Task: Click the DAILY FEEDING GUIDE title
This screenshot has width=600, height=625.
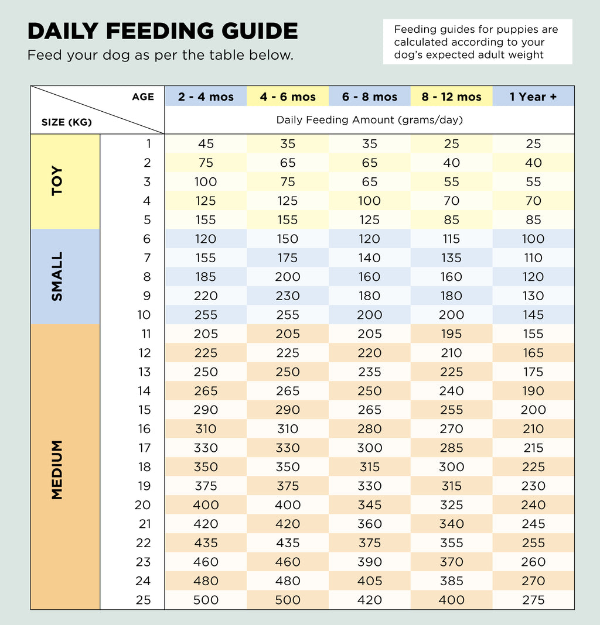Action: point(162,31)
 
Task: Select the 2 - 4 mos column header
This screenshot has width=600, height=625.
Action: point(206,97)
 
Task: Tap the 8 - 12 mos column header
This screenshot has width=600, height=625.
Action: point(451,97)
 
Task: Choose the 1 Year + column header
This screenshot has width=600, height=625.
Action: point(533,97)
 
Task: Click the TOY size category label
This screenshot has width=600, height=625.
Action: point(57,181)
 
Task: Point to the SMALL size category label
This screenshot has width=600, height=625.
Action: point(57,276)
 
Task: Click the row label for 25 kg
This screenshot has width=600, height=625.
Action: point(144,600)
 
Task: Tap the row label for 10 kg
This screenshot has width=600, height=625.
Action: point(144,315)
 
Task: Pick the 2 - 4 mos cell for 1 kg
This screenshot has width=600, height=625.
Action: point(206,144)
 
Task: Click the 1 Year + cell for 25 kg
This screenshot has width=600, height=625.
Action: point(533,600)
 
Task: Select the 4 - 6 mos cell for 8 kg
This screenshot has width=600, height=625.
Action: point(288,277)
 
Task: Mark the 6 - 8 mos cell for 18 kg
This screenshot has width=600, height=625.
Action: point(369,467)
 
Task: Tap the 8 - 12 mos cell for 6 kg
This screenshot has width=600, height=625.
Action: point(451,239)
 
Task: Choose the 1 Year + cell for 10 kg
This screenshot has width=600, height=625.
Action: point(533,315)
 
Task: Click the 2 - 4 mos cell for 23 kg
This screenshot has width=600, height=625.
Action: point(206,562)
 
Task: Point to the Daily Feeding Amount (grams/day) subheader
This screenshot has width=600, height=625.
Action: point(369,120)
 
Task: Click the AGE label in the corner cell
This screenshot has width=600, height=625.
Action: point(143,97)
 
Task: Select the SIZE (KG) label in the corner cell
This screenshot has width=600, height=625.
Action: point(67,122)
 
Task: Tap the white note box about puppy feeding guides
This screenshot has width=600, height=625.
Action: point(477,42)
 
